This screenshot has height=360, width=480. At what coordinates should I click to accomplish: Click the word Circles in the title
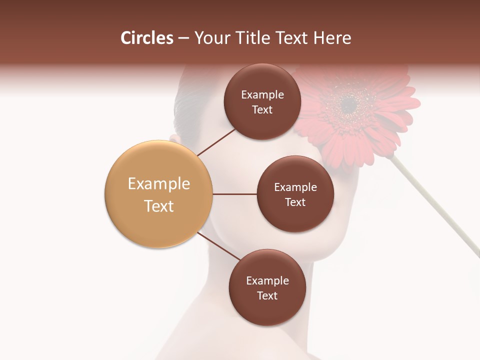click(147, 38)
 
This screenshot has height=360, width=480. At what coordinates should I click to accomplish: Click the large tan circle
click(158, 194)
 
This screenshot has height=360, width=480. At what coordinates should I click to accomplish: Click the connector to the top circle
click(216, 142)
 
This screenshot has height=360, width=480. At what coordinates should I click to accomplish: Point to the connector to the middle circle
click(234, 194)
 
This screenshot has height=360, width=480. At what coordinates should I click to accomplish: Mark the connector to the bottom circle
click(218, 247)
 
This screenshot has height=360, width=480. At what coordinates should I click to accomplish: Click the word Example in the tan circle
click(158, 184)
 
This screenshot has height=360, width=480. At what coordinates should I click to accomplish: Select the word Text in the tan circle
click(158, 206)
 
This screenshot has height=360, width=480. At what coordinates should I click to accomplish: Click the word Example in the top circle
click(262, 95)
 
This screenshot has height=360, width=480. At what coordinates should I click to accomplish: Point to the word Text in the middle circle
click(295, 202)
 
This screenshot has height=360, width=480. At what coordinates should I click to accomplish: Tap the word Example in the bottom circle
click(267, 280)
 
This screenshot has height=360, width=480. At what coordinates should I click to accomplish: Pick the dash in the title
click(183, 38)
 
